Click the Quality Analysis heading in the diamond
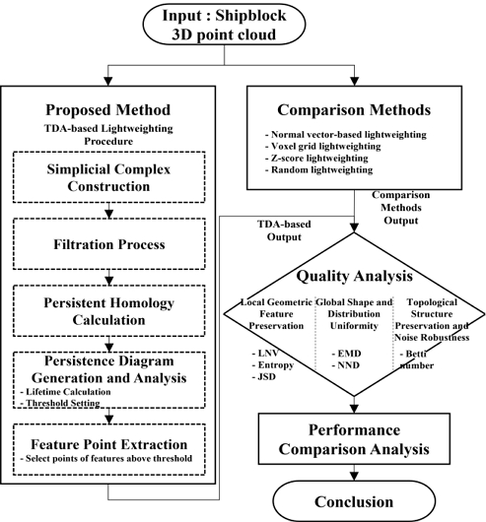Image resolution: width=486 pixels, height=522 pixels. point(360,276)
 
